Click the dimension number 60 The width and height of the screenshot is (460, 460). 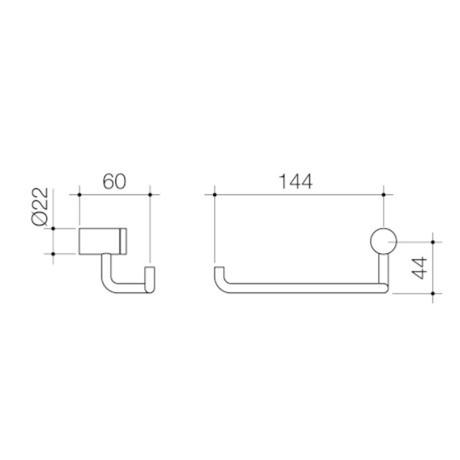tap(114, 182)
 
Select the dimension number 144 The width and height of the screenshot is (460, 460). tap(295, 182)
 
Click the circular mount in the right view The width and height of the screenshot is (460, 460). tap(383, 241)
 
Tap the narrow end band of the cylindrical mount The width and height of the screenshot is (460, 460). tap(124, 241)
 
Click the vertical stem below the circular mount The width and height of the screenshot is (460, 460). tap(383, 268)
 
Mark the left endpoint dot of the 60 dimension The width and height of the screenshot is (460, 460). tap(79, 195)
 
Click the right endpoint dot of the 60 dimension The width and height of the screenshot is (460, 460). tap(150, 195)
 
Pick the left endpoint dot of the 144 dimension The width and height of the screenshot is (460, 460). tap(215, 195)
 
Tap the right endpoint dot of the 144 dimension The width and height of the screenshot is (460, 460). tap(383, 195)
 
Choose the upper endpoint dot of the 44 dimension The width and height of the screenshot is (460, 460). tap(433, 242)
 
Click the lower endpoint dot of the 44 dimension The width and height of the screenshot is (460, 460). tap(433, 293)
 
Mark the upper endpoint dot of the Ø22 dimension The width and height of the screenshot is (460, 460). tap(53, 229)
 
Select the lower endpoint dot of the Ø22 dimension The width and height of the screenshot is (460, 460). tap(53, 254)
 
